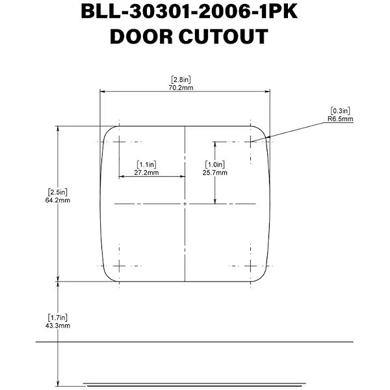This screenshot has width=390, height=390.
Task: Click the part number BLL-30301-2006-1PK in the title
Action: click(x=189, y=12)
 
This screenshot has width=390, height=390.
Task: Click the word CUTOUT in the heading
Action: click(x=227, y=37)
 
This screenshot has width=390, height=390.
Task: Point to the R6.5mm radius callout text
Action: click(x=341, y=119)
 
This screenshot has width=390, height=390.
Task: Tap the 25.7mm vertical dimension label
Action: click(x=215, y=173)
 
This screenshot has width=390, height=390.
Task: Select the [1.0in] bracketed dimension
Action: click(x=215, y=165)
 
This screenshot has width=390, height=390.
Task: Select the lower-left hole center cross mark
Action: click(x=120, y=265)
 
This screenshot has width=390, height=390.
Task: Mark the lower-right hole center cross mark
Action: click(x=251, y=265)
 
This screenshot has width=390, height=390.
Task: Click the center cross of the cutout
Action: click(x=185, y=203)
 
